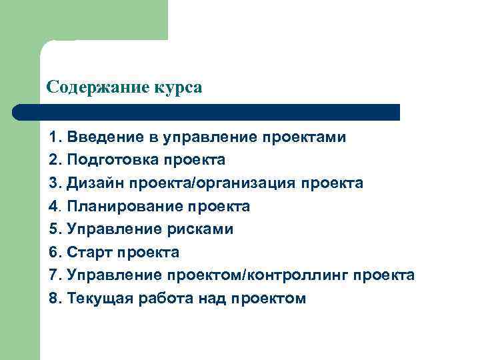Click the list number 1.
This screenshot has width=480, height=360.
(54, 138)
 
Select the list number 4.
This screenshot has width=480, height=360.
(54, 207)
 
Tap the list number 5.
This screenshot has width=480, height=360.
(54, 229)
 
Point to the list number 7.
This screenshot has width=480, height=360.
(54, 275)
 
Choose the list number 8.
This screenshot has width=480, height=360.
(54, 298)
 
